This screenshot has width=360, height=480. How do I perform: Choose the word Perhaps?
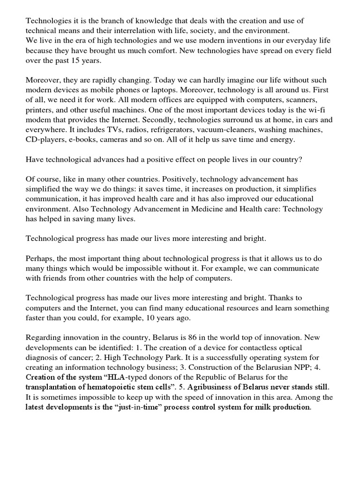click(40, 258)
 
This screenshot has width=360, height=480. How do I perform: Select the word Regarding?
click(43, 337)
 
